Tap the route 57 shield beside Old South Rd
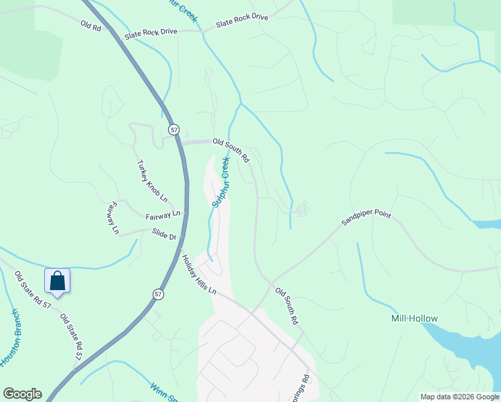[x=174, y=128]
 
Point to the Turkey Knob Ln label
[x=152, y=184]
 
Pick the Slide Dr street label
[x=163, y=237]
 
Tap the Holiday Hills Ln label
[x=199, y=274]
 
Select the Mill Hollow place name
[x=415, y=319]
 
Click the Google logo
[x=22, y=394]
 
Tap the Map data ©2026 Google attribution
[x=459, y=397]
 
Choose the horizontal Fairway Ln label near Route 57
[x=163, y=215]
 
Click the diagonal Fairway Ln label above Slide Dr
[x=111, y=218]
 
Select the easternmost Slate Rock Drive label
[x=242, y=21]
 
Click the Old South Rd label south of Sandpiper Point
[x=287, y=307]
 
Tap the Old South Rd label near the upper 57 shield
[x=231, y=150]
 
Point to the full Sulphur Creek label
[x=220, y=182]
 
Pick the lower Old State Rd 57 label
[x=71, y=336]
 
